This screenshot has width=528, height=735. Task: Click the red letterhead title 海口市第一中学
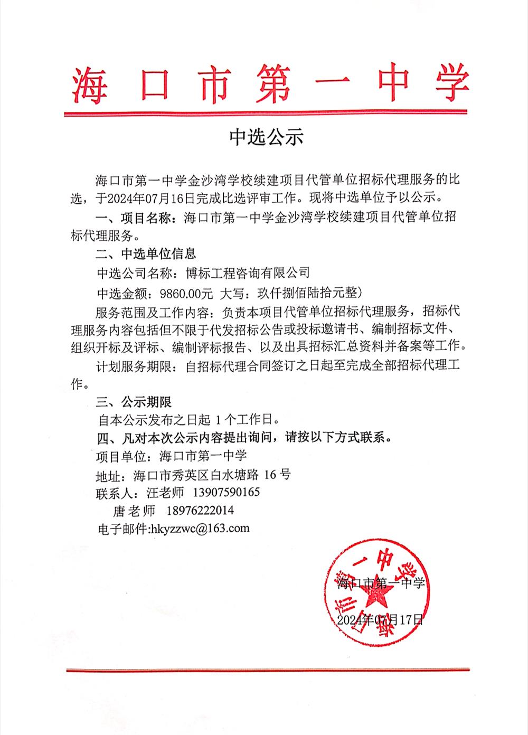(270, 84)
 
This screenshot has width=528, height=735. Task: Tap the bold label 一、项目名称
(135, 216)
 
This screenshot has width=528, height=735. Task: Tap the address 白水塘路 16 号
(250, 475)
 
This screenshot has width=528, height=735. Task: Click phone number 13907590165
(227, 493)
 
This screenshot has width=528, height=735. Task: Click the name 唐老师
(134, 511)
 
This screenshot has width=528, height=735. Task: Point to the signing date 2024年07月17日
(380, 619)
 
